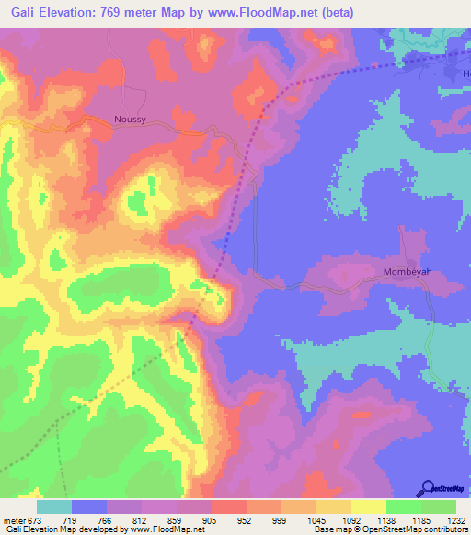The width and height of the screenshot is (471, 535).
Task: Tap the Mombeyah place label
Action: [x=408, y=273]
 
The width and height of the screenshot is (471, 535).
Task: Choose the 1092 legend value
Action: [x=350, y=519]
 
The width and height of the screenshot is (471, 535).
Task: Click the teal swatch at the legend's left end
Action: [x=54, y=507]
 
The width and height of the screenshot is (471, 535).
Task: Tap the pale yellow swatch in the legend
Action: [x=369, y=507]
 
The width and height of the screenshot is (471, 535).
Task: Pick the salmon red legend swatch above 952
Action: [x=229, y=507]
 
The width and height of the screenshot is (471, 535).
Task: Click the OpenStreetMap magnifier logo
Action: [x=428, y=489]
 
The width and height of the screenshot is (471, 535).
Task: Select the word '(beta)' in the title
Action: [x=356, y=12]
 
